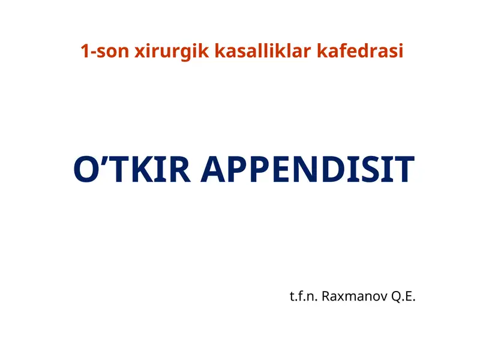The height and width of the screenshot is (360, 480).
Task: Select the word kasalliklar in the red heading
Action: point(260,52)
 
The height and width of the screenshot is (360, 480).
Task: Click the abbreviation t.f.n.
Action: point(304,296)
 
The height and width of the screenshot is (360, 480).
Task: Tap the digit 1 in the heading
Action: point(85,52)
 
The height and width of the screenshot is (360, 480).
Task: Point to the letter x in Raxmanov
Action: point(340,298)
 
